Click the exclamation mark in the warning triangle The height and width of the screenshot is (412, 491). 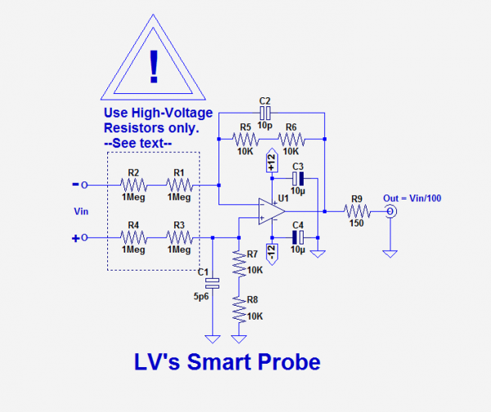152,65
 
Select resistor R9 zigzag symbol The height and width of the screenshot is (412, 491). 356,212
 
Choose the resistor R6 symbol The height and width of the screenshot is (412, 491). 291,138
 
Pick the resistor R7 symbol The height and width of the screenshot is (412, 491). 239,261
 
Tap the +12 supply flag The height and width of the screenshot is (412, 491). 272,163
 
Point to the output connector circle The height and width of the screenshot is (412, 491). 392,212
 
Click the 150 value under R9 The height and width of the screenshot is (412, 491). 356,223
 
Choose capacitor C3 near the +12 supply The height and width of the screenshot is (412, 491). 298,178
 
